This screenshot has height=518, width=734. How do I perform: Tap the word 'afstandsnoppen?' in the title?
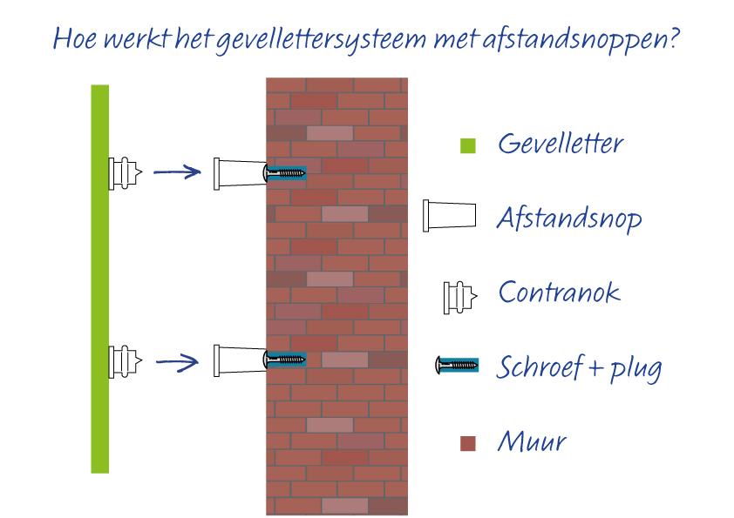click(x=581, y=39)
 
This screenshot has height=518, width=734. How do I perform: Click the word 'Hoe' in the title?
click(x=74, y=37)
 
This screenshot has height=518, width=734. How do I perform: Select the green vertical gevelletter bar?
click(x=99, y=279)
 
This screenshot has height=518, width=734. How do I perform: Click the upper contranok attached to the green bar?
click(x=125, y=173)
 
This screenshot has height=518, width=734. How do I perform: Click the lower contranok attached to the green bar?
click(x=125, y=361)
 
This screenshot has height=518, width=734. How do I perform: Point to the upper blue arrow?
click(x=177, y=172)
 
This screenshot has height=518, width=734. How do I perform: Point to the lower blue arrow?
click(x=177, y=361)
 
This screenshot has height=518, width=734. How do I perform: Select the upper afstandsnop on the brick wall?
click(x=240, y=174)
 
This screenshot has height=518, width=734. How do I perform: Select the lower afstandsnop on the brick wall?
click(x=240, y=360)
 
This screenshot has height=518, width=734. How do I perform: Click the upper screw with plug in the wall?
click(x=284, y=173)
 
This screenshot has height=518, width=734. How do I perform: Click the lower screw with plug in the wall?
click(x=284, y=360)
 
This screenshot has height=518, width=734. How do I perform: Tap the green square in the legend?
click(x=468, y=146)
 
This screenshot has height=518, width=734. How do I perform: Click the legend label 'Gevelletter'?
click(x=561, y=143)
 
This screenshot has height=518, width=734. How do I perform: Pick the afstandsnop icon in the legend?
click(x=450, y=216)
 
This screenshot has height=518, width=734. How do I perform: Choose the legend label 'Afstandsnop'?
click(x=569, y=219)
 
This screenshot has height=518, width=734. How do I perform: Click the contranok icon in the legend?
click(x=460, y=298)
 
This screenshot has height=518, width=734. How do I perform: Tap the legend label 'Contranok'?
click(x=560, y=293)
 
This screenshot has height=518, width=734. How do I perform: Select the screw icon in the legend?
click(x=457, y=365)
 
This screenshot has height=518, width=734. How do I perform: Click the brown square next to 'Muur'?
click(x=468, y=444)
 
